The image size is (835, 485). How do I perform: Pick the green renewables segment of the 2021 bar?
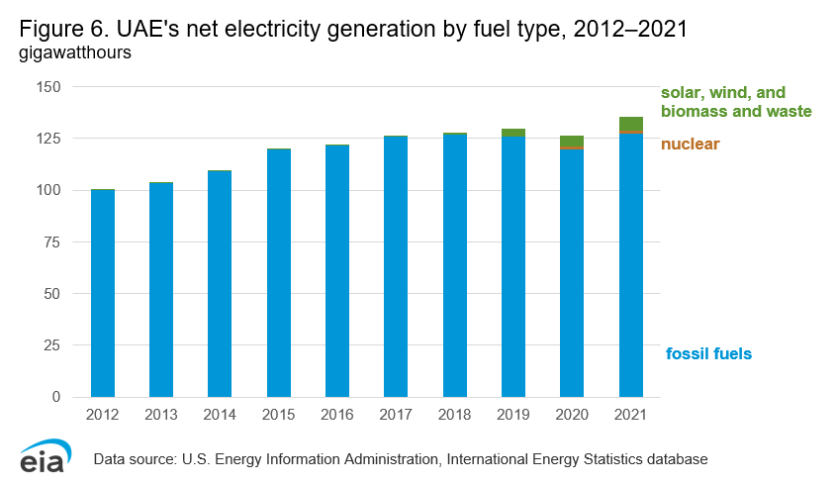tap(631, 123)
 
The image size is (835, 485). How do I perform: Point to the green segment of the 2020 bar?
tap(572, 141)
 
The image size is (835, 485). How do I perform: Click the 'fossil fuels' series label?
tap(708, 353)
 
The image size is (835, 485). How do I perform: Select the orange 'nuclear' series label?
tap(690, 145)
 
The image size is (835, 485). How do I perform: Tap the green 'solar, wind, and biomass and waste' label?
tap(736, 102)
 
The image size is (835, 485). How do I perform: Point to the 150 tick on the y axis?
tap(48, 87)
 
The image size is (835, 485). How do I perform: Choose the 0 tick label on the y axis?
tap(57, 397)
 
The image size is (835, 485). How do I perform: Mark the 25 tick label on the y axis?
tap(52, 345)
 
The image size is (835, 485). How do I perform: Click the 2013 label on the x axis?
tap(161, 416)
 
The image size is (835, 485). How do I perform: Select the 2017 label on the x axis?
tap(396, 416)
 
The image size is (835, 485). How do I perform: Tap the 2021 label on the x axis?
tap(631, 416)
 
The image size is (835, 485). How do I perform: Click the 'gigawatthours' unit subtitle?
tap(75, 53)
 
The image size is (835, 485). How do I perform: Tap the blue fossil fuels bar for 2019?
tap(513, 266)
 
